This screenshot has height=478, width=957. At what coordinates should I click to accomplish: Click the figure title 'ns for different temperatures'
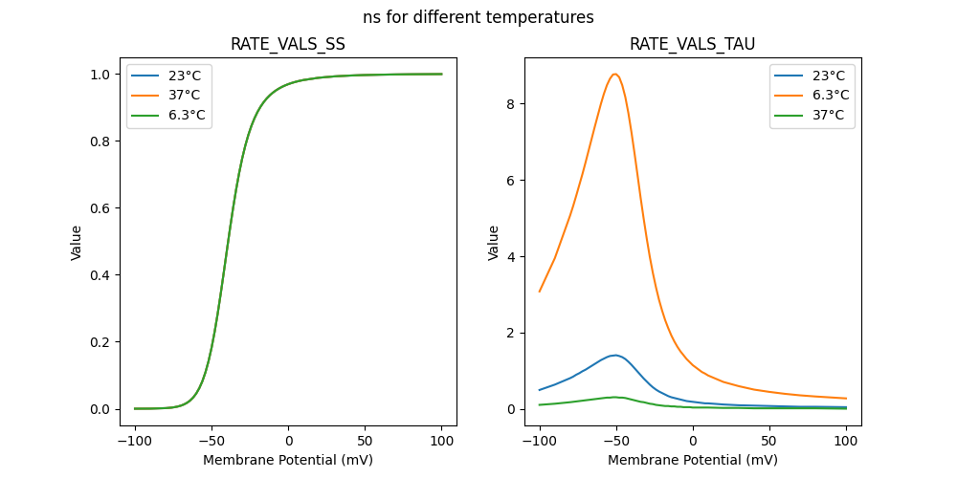(x=478, y=17)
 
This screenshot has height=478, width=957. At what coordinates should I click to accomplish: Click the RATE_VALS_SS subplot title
(x=288, y=45)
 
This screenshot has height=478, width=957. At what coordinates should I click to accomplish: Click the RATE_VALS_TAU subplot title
(x=693, y=45)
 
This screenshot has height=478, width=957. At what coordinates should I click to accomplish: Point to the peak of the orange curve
(x=615, y=74)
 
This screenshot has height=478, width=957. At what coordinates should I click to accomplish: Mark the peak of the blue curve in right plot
(x=615, y=355)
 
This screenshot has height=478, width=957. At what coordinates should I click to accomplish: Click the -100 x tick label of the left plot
(x=132, y=442)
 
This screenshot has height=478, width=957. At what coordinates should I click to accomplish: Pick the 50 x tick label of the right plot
(x=768, y=442)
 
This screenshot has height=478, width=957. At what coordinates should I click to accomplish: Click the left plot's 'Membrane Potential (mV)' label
(x=288, y=460)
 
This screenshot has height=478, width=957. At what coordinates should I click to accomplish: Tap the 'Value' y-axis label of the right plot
(x=494, y=243)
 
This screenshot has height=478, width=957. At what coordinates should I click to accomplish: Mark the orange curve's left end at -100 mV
(x=540, y=292)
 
